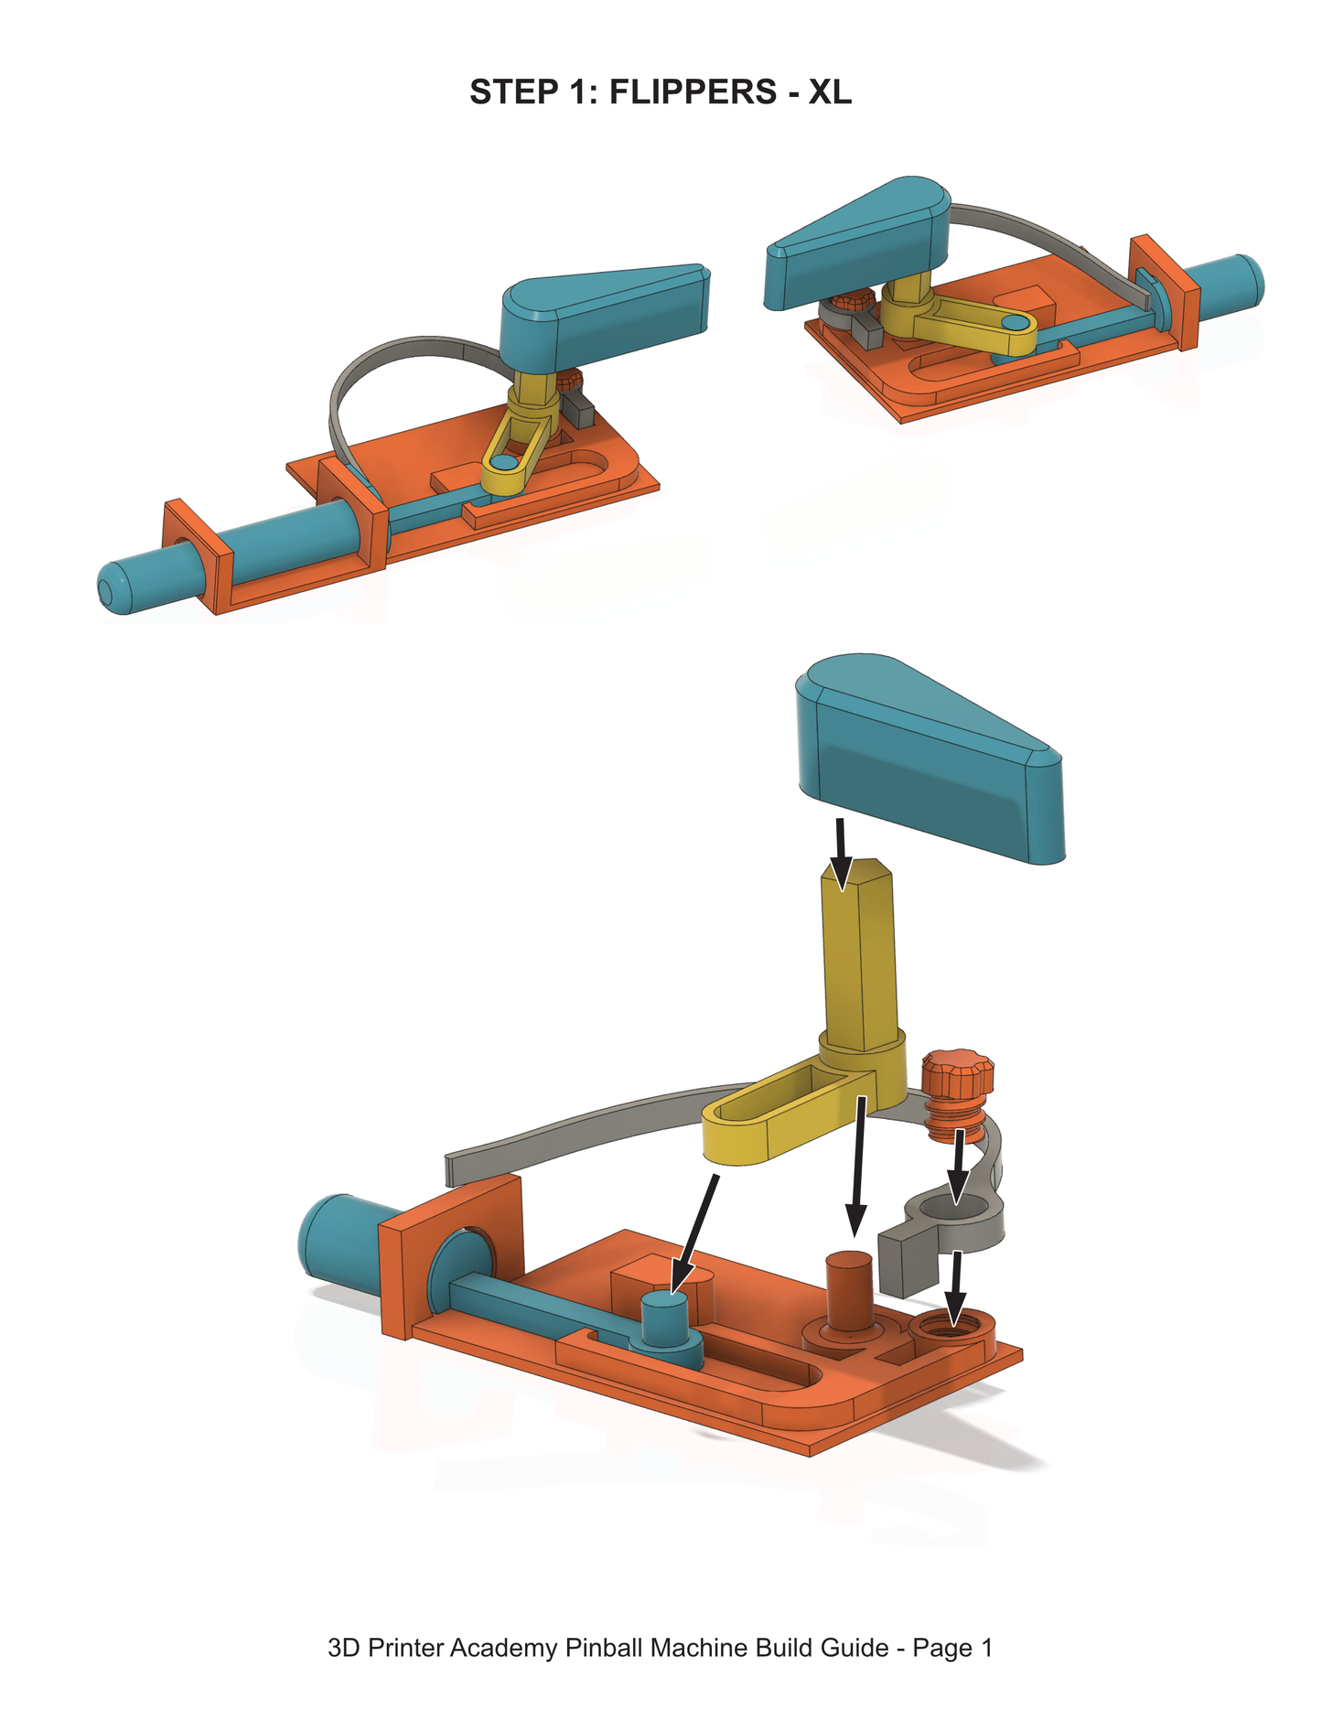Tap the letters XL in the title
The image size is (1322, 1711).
830,92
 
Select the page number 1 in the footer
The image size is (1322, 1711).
985,1648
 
